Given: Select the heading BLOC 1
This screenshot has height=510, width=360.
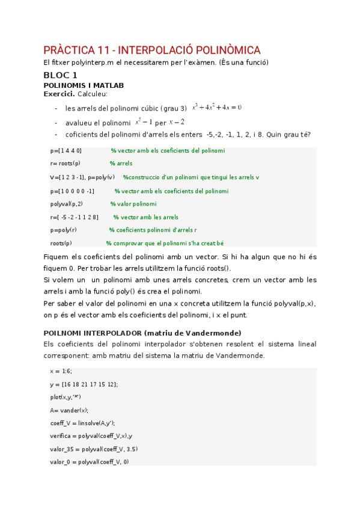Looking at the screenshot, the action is pos(60,75).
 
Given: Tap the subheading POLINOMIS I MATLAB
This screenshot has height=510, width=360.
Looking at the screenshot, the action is pos(84,85).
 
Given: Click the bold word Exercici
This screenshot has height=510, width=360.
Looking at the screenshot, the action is pos(58,94).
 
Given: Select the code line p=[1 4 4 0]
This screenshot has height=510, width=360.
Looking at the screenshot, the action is pos(66,150).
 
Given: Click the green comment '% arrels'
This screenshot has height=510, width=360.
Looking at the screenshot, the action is pos(121,164).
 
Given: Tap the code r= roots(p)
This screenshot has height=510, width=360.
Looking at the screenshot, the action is pos(65,164).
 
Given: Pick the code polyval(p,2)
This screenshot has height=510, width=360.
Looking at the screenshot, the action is pos(67,204).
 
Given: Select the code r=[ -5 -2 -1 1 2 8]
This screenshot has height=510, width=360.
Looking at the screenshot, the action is pos(75,217).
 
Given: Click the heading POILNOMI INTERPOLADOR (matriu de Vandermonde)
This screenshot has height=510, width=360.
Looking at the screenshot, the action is pos(142,333).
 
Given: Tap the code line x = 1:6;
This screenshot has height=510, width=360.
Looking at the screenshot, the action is pos(61,371).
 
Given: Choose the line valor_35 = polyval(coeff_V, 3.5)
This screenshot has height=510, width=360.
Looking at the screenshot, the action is pos(90,449).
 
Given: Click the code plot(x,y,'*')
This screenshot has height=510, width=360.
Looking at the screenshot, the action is pos(66,397).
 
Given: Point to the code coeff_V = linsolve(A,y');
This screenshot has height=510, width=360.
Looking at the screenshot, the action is pos(83,423).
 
